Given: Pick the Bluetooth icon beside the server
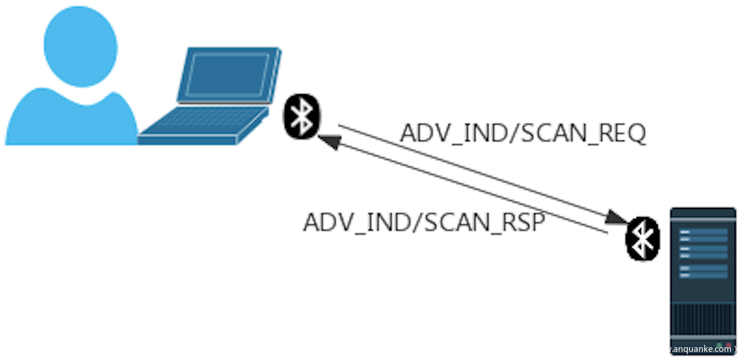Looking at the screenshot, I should pyautogui.click(x=643, y=238).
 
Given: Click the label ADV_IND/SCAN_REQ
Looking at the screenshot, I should pyautogui.click(x=523, y=134).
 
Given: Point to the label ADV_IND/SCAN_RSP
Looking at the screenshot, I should pyautogui.click(x=424, y=222).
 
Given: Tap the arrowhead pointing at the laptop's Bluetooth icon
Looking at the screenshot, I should pyautogui.click(x=328, y=141).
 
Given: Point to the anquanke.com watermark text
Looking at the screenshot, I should pyautogui.click(x=700, y=349).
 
